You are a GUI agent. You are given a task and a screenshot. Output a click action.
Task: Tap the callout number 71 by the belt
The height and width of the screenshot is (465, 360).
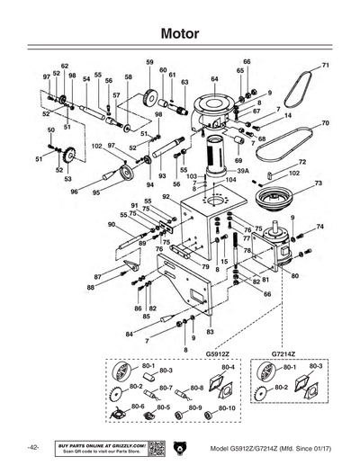point(326,66)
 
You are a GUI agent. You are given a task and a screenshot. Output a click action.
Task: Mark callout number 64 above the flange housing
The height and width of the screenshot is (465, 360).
point(214,79)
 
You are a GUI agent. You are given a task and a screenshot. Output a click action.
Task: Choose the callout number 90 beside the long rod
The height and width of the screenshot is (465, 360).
point(111,224)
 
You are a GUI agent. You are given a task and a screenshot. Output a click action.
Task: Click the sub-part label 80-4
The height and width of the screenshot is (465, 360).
point(228,368)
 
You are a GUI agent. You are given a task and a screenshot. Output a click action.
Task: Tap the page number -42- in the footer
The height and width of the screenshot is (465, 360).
point(31,447)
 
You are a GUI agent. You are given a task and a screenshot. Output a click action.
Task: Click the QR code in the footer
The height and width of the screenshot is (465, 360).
point(154,447)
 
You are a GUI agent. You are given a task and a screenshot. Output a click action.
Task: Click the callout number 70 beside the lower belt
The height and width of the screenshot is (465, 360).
point(325,122)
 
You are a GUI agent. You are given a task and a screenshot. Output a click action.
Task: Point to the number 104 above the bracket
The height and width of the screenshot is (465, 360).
point(231,180)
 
